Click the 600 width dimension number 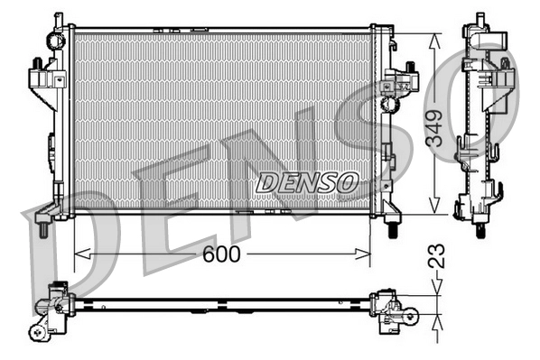pyautogui.click(x=221, y=254)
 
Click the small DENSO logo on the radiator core pyautogui.click(x=307, y=182)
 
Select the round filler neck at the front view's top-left pyautogui.click(x=59, y=40)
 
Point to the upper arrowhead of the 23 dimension pyautogui.click(x=435, y=288)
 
